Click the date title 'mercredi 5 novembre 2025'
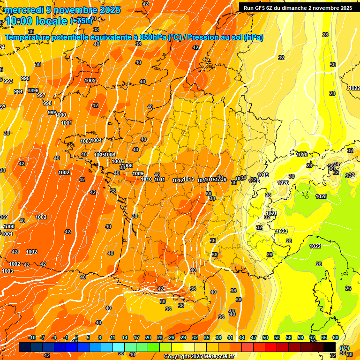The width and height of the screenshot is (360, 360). (x=62, y=10)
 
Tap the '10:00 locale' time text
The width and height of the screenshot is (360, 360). (x=36, y=21)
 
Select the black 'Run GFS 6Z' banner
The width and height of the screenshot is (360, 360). (x=298, y=7)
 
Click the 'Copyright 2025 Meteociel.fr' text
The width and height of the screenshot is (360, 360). (x=199, y=356)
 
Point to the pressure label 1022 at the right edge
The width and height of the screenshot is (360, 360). (x=354, y=88)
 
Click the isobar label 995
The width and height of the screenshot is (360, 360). (x=25, y=78)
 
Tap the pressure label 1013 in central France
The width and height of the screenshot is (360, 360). (x=188, y=180)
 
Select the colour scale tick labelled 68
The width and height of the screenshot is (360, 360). (x=336, y=337)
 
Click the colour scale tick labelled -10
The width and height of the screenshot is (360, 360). (x=32, y=337)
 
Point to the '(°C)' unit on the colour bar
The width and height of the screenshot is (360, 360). (x=345, y=348)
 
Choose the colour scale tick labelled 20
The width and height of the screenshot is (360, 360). (x=148, y=337)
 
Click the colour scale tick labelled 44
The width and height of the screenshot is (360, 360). (x=242, y=337)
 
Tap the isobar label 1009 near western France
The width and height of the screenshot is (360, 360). (x=138, y=174)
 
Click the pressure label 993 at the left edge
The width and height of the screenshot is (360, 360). (x=8, y=81)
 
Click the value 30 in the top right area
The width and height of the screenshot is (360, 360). (x=333, y=65)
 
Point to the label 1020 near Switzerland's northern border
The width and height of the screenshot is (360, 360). (x=302, y=155)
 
